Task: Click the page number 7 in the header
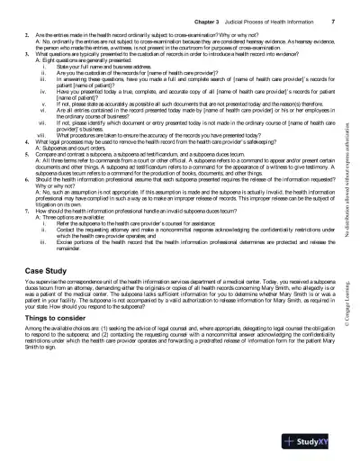[334, 18]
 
